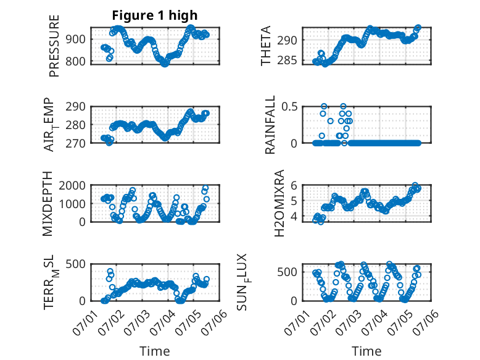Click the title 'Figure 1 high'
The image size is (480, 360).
pyautogui.click(x=155, y=15)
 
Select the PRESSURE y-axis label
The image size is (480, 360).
pyautogui.click(x=54, y=46)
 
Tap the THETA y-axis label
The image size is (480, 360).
pyautogui.click(x=266, y=46)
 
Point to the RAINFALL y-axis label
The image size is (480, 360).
pyautogui.click(x=270, y=125)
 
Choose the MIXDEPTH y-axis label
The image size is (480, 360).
pyautogui.click(x=47, y=204)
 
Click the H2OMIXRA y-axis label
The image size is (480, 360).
pyautogui.click(x=279, y=203)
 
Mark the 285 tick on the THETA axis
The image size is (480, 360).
pyautogui.click(x=287, y=61)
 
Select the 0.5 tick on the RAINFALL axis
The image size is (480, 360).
pyautogui.click(x=289, y=107)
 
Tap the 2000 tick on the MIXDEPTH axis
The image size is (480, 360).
pyautogui.click(x=72, y=185)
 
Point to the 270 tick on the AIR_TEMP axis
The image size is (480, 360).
pyautogui.click(x=75, y=143)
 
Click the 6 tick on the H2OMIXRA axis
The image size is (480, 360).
pyautogui.click(x=294, y=185)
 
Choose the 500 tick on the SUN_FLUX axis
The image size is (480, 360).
pyautogui.click(x=287, y=272)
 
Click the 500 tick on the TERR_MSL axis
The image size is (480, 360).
pyautogui.click(x=75, y=264)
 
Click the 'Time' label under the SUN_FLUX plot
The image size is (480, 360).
pyautogui.click(x=366, y=351)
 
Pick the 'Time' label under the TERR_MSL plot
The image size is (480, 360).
pyautogui.click(x=155, y=351)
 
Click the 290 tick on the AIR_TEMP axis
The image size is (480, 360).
pyautogui.click(x=75, y=107)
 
